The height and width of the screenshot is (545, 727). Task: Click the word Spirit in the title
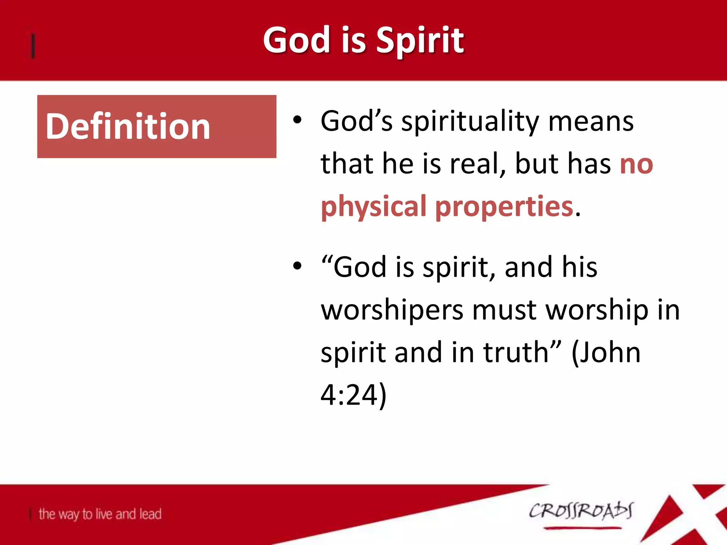coord(420,41)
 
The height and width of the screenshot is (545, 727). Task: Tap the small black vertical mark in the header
coord(33,45)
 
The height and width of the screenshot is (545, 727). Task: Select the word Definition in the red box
coord(128,127)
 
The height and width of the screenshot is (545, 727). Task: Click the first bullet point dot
coord(297,121)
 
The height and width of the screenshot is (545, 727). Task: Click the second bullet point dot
coord(297,266)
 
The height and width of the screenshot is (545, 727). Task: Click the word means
coord(591,122)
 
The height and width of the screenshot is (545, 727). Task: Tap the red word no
coord(636,164)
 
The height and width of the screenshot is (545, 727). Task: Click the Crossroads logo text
coord(581,511)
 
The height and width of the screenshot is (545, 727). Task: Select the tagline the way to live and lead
coord(100,514)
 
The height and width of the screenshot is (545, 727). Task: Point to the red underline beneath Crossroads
coord(582,528)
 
